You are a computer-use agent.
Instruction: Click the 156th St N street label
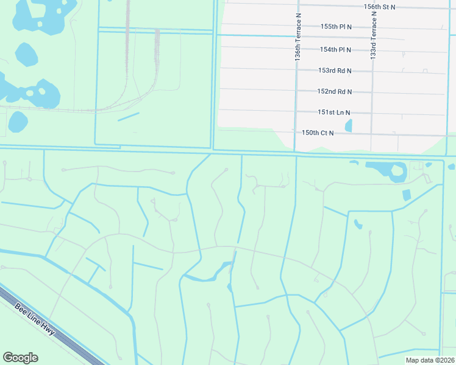[x=379, y=6]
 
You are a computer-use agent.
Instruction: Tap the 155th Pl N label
[x=337, y=27]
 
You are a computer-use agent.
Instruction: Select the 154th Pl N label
[x=336, y=49]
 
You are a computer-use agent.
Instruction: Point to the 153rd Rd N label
[x=335, y=71]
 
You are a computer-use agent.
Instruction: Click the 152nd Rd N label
[x=335, y=91]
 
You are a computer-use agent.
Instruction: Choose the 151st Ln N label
[x=334, y=113]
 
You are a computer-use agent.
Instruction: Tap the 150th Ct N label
[x=318, y=133]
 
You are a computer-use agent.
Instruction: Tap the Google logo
[x=20, y=358]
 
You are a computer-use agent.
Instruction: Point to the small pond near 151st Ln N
[x=349, y=126]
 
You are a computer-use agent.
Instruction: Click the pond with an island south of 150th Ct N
[x=390, y=171]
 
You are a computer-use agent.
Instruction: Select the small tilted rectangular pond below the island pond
[x=407, y=195]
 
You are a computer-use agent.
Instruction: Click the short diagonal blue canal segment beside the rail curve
[x=129, y=116]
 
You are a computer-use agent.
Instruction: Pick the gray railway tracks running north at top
[x=127, y=24]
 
